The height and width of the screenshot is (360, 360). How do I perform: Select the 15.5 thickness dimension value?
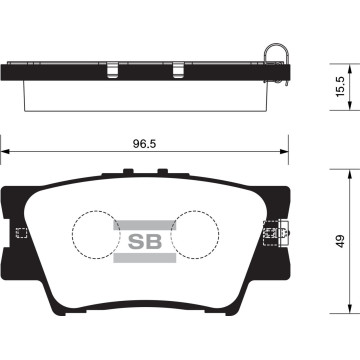coord(340,87)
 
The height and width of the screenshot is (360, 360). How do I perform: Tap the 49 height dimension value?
coord(340,241)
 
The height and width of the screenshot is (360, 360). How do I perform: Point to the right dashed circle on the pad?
coord(193,237)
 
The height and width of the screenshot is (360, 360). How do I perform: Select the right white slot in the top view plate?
coord(178,71)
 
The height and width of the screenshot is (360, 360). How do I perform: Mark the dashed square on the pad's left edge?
coord(21,234)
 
